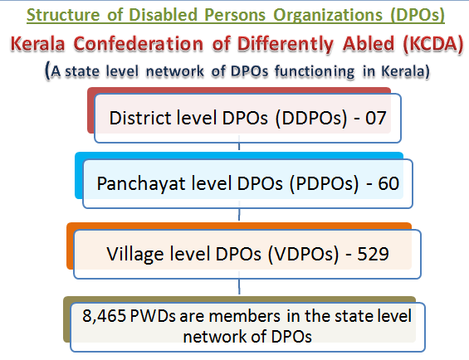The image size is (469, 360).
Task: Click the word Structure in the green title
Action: click(x=63, y=15)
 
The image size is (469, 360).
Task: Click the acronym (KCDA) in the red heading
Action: click(x=433, y=44)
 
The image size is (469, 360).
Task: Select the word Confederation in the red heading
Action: click(x=139, y=44)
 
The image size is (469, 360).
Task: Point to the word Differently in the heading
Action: click(x=286, y=44)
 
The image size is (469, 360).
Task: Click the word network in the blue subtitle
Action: click(x=175, y=71)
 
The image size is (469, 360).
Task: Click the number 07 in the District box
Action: click(x=376, y=118)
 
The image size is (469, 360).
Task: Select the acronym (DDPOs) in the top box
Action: click(x=311, y=118)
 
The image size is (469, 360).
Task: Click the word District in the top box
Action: click(x=140, y=117)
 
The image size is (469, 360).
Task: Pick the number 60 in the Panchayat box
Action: click(x=388, y=183)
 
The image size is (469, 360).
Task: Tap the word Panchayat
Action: click(x=141, y=183)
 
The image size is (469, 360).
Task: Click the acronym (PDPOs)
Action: click(x=324, y=183)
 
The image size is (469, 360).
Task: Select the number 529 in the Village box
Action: click(x=373, y=254)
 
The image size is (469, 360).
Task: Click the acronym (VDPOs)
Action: click(x=303, y=254)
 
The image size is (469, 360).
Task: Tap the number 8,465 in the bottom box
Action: click(x=104, y=316)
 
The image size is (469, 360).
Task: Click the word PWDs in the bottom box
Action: click(x=153, y=316)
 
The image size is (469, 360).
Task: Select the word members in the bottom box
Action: click(x=245, y=316)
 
